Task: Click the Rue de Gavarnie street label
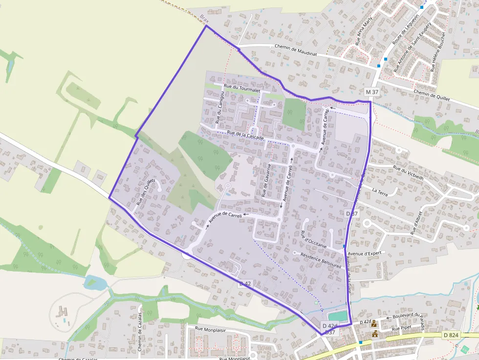[x=266, y=180]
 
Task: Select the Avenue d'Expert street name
[x=364, y=253]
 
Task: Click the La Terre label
[x=379, y=190]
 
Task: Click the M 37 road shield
[x=371, y=92]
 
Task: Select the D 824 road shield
[x=451, y=335]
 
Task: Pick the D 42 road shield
[x=245, y=283]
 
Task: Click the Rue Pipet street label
[x=402, y=328]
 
